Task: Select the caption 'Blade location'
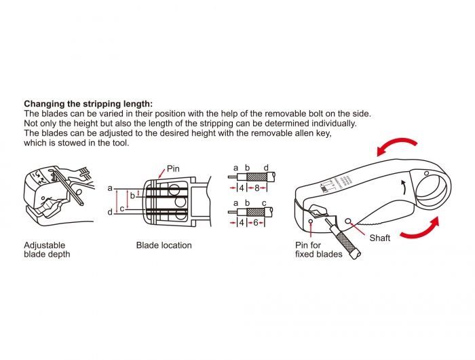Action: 164,245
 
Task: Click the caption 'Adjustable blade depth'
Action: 47,249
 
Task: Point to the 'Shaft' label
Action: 379,238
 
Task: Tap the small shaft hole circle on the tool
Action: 350,221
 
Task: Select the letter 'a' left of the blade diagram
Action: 110,187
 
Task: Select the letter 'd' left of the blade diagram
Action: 110,213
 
